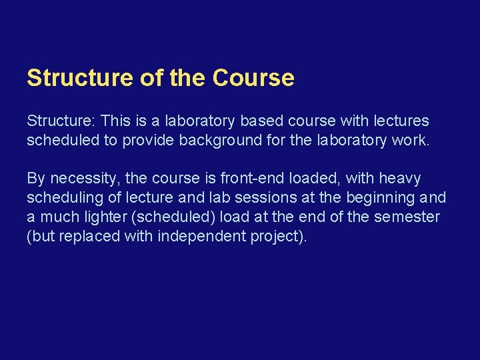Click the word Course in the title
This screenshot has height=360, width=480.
coord(253,79)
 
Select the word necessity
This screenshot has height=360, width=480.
coord(85,179)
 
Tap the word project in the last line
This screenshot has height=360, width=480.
coord(275,237)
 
